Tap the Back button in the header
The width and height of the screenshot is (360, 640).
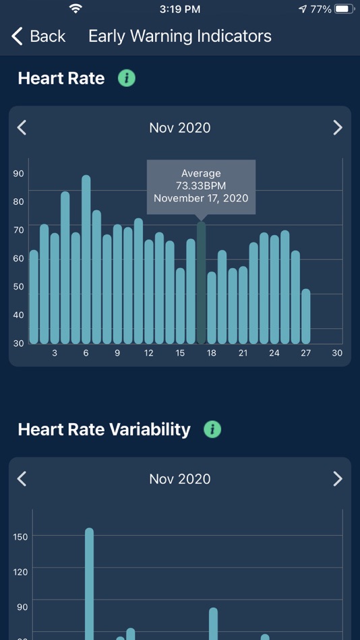pos(39,36)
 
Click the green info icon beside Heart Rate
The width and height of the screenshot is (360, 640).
pos(126,78)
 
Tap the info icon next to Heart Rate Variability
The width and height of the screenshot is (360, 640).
pos(212,429)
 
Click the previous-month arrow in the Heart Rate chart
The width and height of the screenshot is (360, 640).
pos(22,127)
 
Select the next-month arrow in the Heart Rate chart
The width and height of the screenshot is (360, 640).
pos(338,127)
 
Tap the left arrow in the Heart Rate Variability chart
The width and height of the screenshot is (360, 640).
pos(22,478)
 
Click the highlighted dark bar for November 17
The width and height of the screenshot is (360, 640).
pos(201,283)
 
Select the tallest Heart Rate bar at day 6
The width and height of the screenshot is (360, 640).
pos(86,259)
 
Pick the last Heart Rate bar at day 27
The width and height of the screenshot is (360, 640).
pos(306,317)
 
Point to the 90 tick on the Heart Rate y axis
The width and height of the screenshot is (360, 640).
pos(18,173)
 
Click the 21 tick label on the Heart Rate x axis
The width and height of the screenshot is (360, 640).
pos(243,353)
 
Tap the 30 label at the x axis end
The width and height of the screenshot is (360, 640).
pos(337,353)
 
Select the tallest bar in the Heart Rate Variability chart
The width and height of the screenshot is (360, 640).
pos(89,583)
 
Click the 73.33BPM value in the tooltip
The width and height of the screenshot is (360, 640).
pos(201,186)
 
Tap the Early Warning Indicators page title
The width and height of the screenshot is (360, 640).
pos(179,36)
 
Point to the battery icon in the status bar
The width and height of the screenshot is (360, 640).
pos(344,9)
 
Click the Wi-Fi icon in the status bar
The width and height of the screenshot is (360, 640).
pos(76,9)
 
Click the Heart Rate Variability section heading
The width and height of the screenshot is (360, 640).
pos(104,429)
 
